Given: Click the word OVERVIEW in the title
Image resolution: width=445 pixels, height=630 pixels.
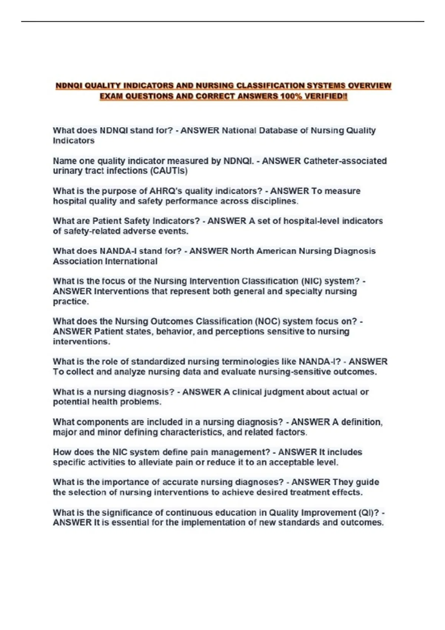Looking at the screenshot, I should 369,86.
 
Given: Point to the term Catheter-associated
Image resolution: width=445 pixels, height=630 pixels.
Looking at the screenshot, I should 345,161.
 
